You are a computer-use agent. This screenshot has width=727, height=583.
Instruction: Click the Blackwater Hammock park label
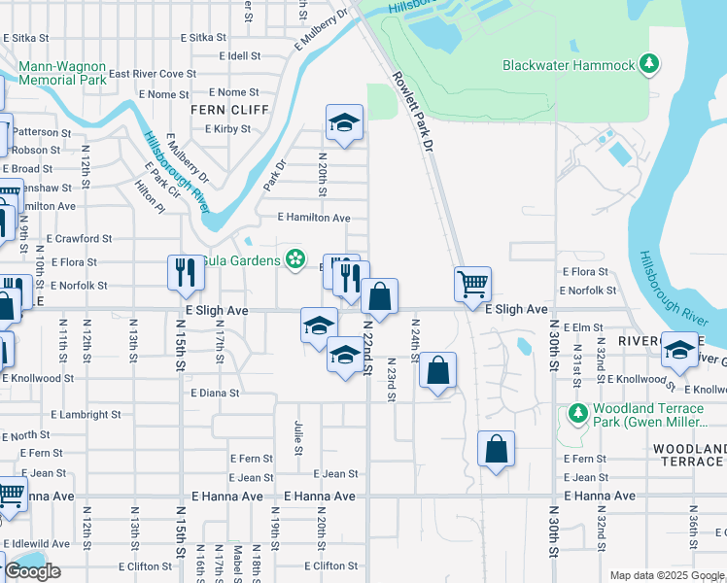[x=569, y=65]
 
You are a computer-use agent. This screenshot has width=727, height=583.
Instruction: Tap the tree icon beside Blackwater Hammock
[x=649, y=65]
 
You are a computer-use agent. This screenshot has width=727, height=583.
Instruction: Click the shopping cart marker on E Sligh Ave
[x=472, y=286]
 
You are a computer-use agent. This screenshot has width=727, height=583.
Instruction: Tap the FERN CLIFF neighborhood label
[x=228, y=110]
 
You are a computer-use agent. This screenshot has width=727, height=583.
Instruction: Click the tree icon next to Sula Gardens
[x=293, y=259]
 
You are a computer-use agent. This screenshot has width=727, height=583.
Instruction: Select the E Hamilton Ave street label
[x=313, y=219]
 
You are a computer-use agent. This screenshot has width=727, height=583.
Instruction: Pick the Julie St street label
[x=297, y=435]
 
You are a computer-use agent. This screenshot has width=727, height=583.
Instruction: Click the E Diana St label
[x=215, y=394]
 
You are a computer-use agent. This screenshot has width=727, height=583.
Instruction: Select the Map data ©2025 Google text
[x=666, y=575]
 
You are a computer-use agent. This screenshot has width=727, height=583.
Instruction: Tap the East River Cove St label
[x=152, y=74]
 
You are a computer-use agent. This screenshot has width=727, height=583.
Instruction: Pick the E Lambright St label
[x=87, y=415]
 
